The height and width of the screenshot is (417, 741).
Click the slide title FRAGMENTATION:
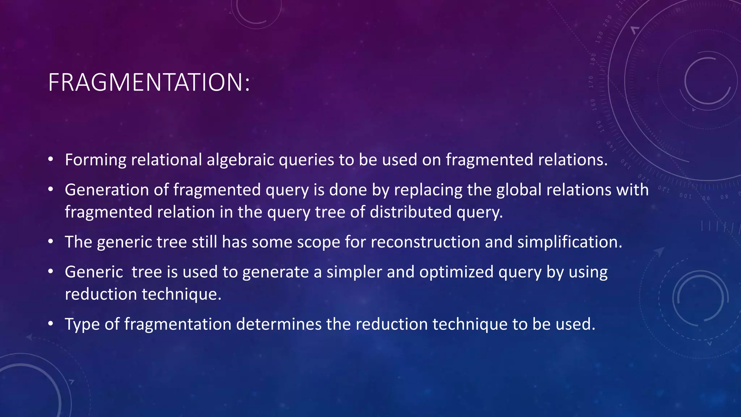click(149, 83)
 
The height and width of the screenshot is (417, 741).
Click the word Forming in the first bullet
click(96, 160)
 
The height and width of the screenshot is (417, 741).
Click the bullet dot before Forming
click(51, 160)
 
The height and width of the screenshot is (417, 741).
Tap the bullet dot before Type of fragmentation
click(51, 324)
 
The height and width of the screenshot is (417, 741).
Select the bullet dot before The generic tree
click(51, 241)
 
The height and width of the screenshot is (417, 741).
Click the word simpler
click(354, 272)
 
